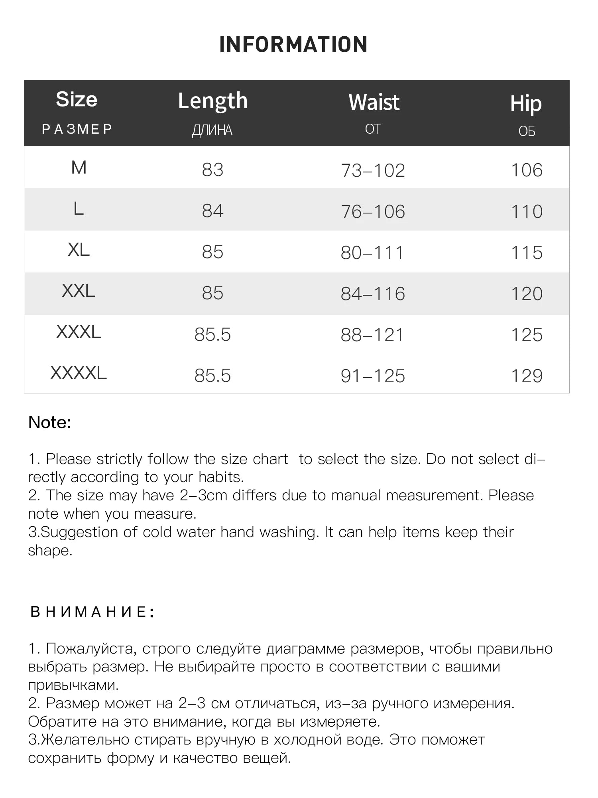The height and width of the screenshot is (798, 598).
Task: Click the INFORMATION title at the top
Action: (293, 44)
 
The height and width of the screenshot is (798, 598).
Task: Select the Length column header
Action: (212, 101)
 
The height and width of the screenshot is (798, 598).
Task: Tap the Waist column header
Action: (374, 102)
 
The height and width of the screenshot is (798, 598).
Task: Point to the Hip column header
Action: (526, 104)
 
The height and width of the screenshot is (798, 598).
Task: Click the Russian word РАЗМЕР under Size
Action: (77, 129)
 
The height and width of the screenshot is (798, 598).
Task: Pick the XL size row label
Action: (79, 250)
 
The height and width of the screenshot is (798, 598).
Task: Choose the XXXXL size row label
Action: (79, 373)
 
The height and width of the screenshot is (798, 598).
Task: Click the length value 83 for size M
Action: (212, 170)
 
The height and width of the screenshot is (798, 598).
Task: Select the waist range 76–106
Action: (373, 211)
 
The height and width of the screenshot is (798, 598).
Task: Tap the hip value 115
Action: (527, 253)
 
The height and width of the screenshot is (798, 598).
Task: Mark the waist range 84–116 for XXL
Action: (373, 294)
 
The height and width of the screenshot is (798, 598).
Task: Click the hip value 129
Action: (527, 376)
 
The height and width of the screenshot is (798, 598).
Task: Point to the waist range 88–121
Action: (372, 335)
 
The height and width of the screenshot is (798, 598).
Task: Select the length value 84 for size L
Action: (212, 211)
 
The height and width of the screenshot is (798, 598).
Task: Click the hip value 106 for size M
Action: (527, 170)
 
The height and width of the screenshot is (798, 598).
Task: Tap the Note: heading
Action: (50, 423)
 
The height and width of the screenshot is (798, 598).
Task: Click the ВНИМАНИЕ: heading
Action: (92, 612)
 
